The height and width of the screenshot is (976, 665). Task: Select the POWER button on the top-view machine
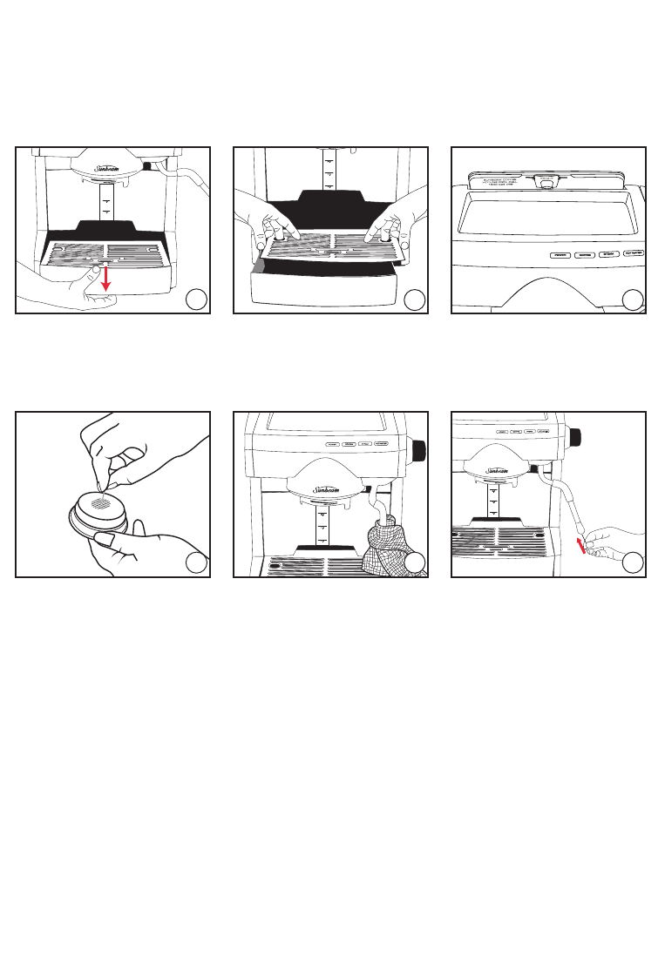tap(560, 255)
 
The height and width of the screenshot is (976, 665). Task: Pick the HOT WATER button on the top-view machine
tap(634, 255)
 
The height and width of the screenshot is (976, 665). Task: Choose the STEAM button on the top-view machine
tap(608, 255)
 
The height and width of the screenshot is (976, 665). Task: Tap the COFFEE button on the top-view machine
tap(585, 255)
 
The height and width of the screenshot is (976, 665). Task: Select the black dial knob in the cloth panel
tap(418, 451)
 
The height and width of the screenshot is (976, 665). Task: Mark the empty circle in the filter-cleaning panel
tap(197, 563)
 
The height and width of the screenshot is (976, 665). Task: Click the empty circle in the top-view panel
tap(633, 300)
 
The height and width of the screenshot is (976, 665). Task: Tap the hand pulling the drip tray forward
tap(78, 292)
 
